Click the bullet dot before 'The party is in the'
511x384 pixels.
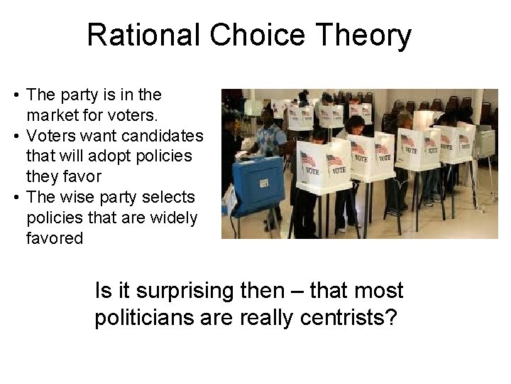click(x=15, y=95)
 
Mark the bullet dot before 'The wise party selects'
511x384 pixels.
click(x=15, y=197)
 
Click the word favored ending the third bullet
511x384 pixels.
click(x=55, y=238)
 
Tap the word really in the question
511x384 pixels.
click(x=267, y=318)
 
